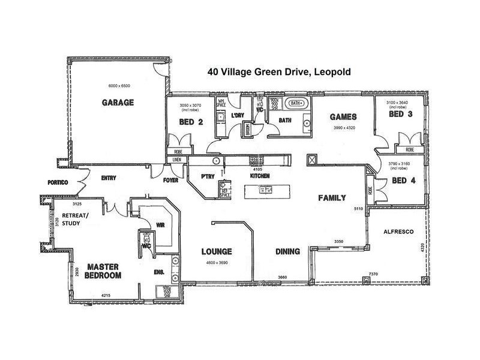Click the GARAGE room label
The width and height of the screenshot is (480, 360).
point(118,102)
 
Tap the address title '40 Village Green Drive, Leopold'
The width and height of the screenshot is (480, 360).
point(279,71)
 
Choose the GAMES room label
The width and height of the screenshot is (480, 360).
point(344,116)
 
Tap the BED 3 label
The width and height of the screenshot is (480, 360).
point(400,114)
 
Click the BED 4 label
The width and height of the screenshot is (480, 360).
point(404,180)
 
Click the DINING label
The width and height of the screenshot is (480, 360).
point(287,251)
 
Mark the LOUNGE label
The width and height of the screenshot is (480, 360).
point(217,251)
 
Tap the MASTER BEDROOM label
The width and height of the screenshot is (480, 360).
point(103,271)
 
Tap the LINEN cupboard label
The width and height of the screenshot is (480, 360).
point(176,160)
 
